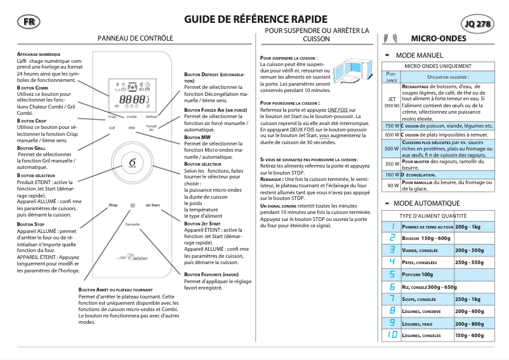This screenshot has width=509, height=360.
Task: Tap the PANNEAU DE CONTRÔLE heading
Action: pos(135,39)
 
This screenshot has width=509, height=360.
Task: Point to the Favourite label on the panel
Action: pos(133,207)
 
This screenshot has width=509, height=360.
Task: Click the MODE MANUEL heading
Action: pos(420,56)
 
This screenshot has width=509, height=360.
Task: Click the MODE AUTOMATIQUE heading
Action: pos(427,203)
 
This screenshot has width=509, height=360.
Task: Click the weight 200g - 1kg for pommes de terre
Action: pos(468,227)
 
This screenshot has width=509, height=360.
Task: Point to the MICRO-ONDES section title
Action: pos(439,39)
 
